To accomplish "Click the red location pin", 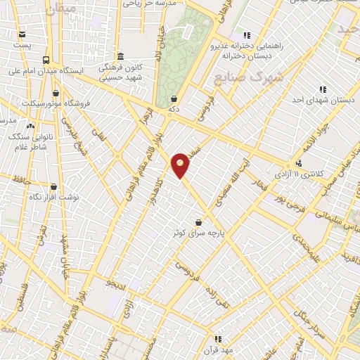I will (x=181, y=165).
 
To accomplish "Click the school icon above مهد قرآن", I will (x=217, y=339).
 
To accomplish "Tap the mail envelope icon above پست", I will (x=22, y=34).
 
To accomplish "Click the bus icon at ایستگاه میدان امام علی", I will (x=46, y=60).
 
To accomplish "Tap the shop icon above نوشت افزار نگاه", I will (x=54, y=187).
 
